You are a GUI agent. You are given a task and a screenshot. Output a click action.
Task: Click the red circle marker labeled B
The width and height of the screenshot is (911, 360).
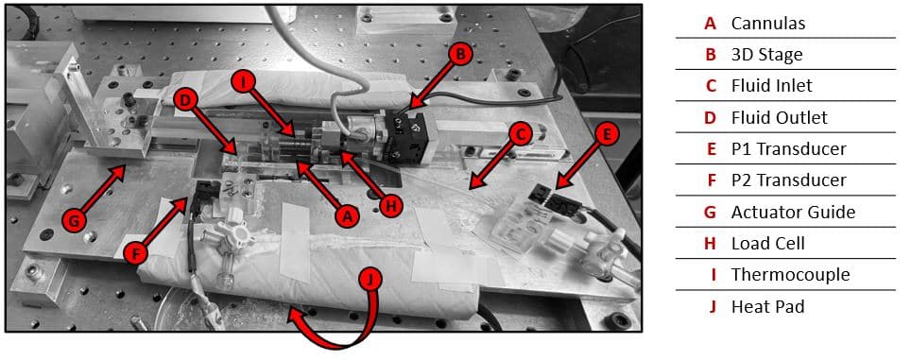coord(460,55)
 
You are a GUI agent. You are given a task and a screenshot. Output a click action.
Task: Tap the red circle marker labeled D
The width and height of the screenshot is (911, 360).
coord(186,98)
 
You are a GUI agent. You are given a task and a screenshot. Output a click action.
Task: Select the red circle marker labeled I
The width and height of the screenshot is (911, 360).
coord(244,82)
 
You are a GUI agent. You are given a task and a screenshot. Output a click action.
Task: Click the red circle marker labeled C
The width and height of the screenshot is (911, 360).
coord(518,133)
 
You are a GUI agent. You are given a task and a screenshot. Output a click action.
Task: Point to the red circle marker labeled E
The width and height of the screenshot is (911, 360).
coord(606,133)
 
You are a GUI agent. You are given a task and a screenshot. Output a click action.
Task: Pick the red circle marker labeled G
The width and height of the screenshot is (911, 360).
coord(73,221)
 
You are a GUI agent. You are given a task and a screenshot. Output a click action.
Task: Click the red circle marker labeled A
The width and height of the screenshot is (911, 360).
coord(348,215)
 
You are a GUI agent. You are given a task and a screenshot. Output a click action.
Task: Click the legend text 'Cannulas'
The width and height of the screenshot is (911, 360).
coord(768,23)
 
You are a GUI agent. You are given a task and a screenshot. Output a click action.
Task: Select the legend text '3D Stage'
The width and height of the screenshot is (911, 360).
coord(766,54)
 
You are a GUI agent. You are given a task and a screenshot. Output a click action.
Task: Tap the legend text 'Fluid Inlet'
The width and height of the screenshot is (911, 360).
coord(771,85)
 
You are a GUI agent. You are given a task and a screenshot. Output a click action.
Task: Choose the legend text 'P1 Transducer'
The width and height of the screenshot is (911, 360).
coord(788,148)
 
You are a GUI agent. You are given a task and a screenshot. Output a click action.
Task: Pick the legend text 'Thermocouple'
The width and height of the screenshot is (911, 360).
coord(790,275)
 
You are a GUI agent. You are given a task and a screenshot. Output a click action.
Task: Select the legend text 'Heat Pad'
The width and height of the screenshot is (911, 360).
coord(766,306)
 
